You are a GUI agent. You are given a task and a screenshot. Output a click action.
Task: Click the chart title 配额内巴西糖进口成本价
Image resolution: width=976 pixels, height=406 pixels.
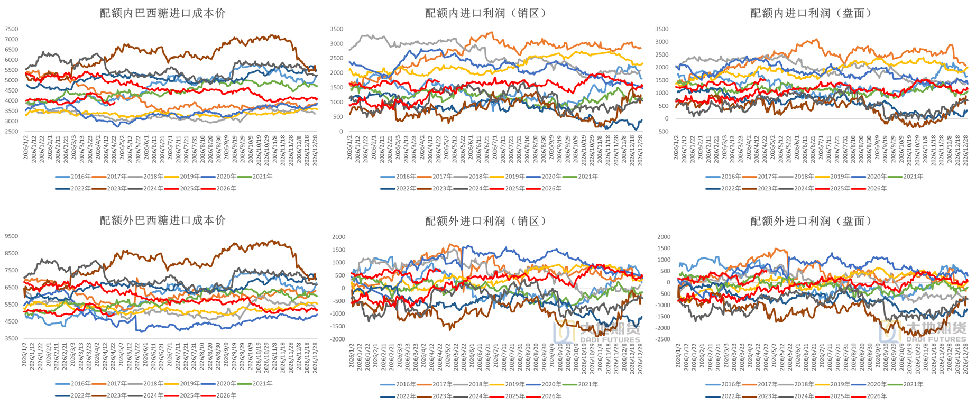(x=162, y=13)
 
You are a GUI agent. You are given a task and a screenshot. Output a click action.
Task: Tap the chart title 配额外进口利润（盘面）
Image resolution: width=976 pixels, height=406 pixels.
(x=811, y=221)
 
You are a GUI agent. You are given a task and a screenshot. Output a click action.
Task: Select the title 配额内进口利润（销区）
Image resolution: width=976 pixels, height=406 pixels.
(x=485, y=13)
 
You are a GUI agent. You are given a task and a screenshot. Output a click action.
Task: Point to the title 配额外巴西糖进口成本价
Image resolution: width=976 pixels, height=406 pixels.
(x=162, y=220)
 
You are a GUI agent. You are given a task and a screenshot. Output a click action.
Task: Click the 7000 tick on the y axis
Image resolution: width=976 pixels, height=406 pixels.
(x=11, y=39)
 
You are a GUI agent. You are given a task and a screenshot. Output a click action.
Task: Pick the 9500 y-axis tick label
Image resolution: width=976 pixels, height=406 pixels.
(x=11, y=236)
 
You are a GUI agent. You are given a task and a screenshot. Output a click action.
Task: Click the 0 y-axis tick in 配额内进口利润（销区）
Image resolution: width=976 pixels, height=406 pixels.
(x=341, y=131)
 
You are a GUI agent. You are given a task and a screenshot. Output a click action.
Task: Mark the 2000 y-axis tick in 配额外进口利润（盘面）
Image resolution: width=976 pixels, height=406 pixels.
(x=664, y=237)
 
